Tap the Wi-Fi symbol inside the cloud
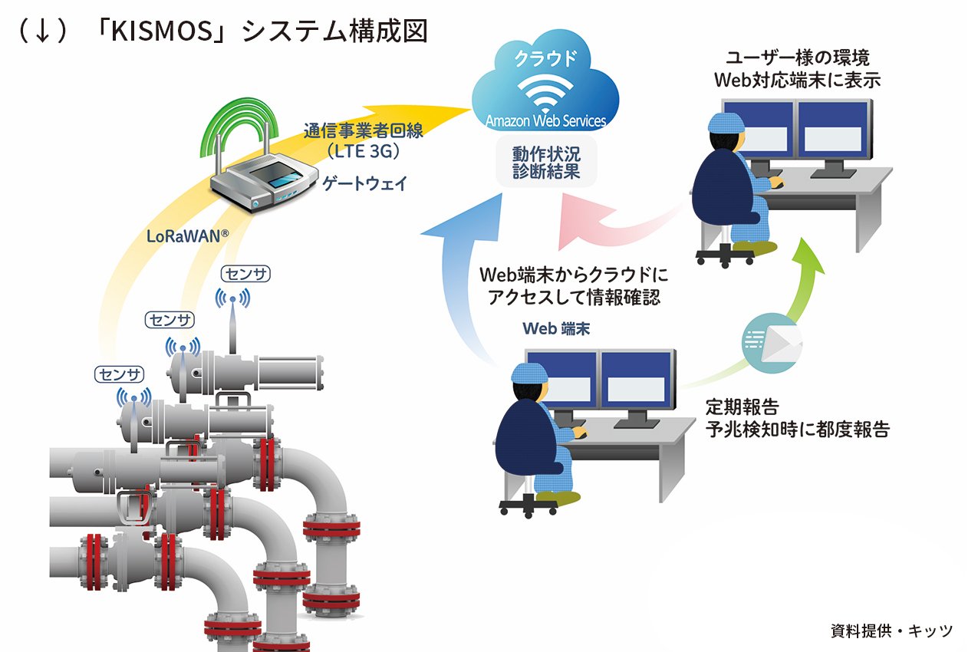[545, 91]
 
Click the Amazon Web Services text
[545, 120]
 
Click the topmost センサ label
[245, 272]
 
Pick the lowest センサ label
[120, 374]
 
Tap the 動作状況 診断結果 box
[547, 162]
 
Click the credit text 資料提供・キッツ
[891, 631]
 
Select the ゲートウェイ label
[365, 183]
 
